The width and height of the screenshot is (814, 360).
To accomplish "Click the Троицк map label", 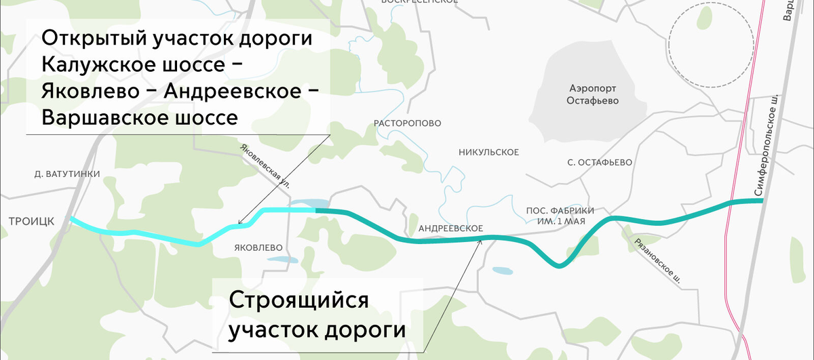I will [26, 222].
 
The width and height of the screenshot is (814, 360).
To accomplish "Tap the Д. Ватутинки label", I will [67, 174].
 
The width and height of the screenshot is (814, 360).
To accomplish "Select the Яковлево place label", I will [257, 247].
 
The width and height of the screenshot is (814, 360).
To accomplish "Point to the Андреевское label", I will [450, 228].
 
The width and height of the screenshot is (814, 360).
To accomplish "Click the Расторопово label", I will [408, 123].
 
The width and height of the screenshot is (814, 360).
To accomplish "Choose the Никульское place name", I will [488, 151].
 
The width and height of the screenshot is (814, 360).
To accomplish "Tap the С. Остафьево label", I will [600, 163].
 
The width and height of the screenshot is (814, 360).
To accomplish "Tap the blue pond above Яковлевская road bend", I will [309, 203].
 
